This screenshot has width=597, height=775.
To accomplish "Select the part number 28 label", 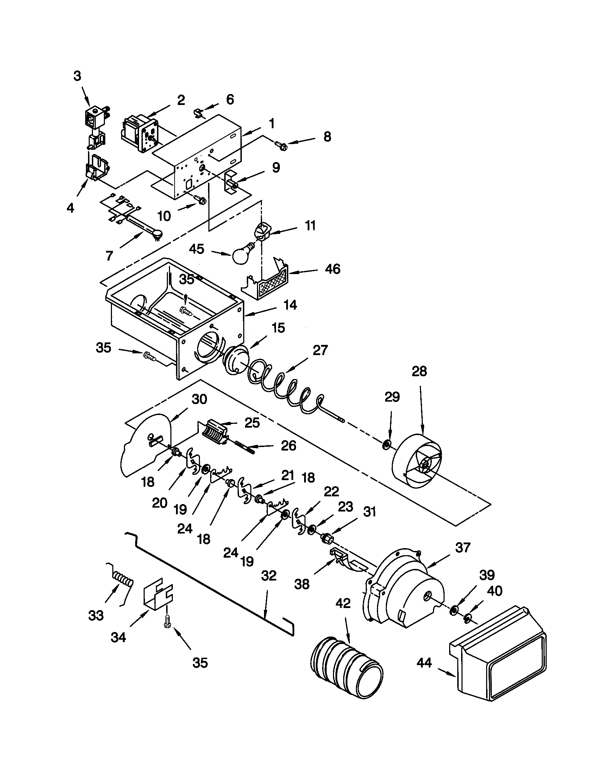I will click(x=419, y=372).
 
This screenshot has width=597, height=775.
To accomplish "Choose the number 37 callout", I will click(x=463, y=547).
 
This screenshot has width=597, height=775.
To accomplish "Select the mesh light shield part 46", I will click(x=271, y=286).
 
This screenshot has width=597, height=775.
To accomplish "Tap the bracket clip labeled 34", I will click(x=158, y=596).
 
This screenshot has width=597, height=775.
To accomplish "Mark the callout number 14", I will click(x=290, y=305).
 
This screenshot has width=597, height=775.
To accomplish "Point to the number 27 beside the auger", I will click(x=320, y=350).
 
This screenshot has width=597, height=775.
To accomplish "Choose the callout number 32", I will click(x=268, y=576).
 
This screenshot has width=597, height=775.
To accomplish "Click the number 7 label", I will click(x=109, y=255).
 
